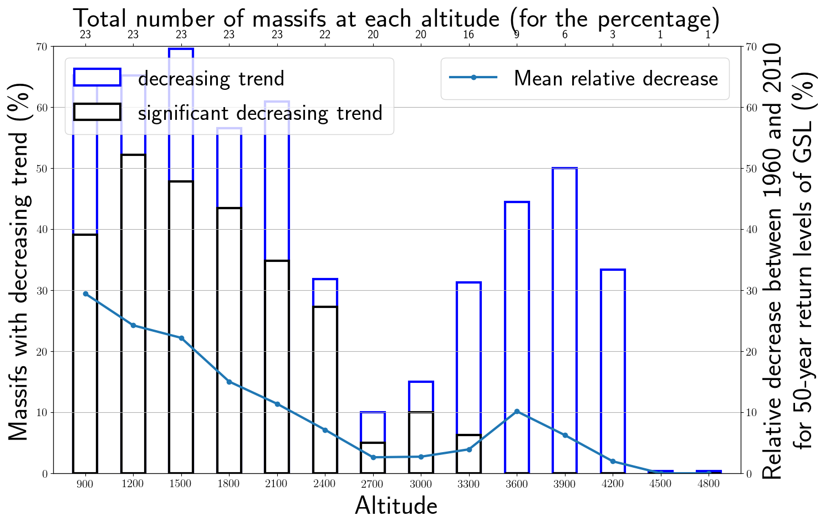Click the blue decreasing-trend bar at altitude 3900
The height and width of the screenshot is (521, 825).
click(565, 320)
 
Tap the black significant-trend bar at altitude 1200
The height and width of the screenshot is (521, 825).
click(133, 313)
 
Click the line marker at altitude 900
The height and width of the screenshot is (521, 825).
click(85, 294)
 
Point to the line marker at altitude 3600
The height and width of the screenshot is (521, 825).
click(517, 411)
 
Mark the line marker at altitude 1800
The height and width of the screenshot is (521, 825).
click(229, 382)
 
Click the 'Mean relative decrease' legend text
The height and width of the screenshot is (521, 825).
click(615, 78)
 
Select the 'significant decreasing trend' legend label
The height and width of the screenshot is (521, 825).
click(260, 113)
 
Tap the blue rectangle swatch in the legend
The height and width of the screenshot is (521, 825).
click(97, 77)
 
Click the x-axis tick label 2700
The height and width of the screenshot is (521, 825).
click(372, 484)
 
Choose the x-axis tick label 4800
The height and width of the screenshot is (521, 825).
click(709, 484)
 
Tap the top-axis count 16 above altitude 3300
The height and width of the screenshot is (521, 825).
click(468, 34)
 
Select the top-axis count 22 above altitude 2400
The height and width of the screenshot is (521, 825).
click(325, 34)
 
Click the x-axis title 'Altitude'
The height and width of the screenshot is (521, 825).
click(396, 505)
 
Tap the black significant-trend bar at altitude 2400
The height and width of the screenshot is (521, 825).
click(325, 388)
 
